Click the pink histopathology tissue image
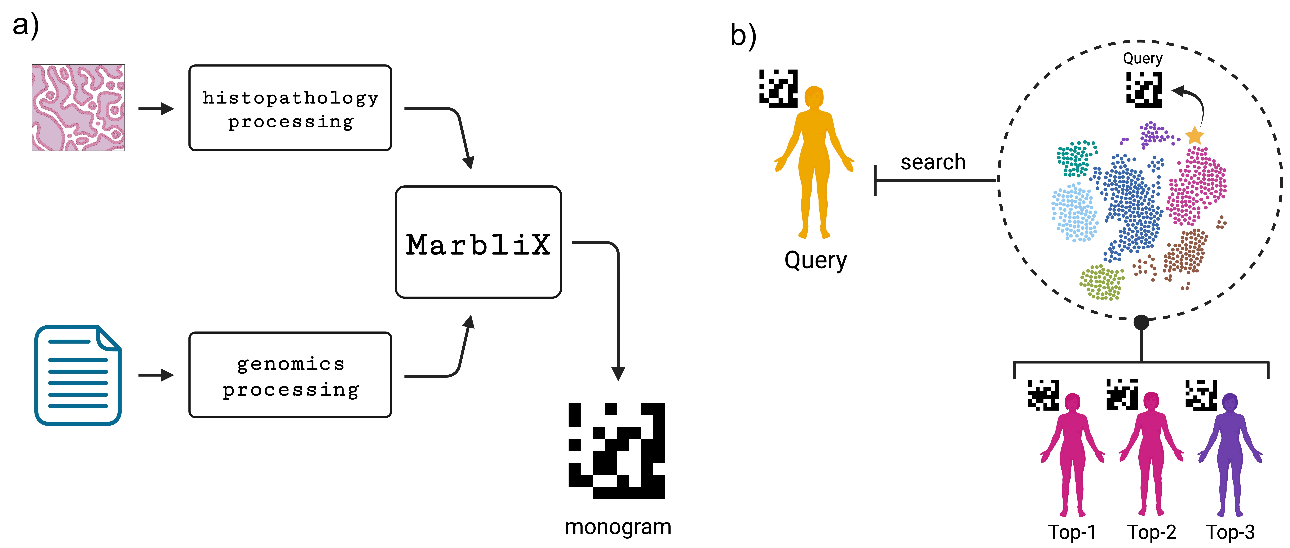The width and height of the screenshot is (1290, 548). tap(78, 108)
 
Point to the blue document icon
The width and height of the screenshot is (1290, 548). tap(78, 375)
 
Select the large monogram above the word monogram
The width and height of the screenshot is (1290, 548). tap(617, 450)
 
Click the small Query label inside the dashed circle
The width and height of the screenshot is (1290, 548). tap(1142, 59)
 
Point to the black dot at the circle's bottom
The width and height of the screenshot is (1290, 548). tap(1141, 322)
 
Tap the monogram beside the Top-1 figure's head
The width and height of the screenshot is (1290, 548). tap(1043, 394)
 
